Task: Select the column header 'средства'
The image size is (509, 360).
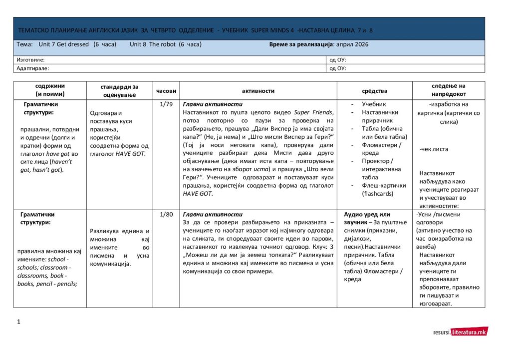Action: tap(374, 91)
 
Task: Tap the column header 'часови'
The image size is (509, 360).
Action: tap(166, 91)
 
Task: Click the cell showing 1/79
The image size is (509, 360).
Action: tap(166, 104)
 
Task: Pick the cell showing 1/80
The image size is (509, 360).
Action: tap(166, 214)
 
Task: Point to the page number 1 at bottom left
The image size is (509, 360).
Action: tap(18, 322)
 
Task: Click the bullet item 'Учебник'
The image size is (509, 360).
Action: tap(374, 104)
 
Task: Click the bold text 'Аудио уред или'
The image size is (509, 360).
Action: tap(367, 214)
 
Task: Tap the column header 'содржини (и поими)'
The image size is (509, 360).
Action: tap(50, 90)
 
